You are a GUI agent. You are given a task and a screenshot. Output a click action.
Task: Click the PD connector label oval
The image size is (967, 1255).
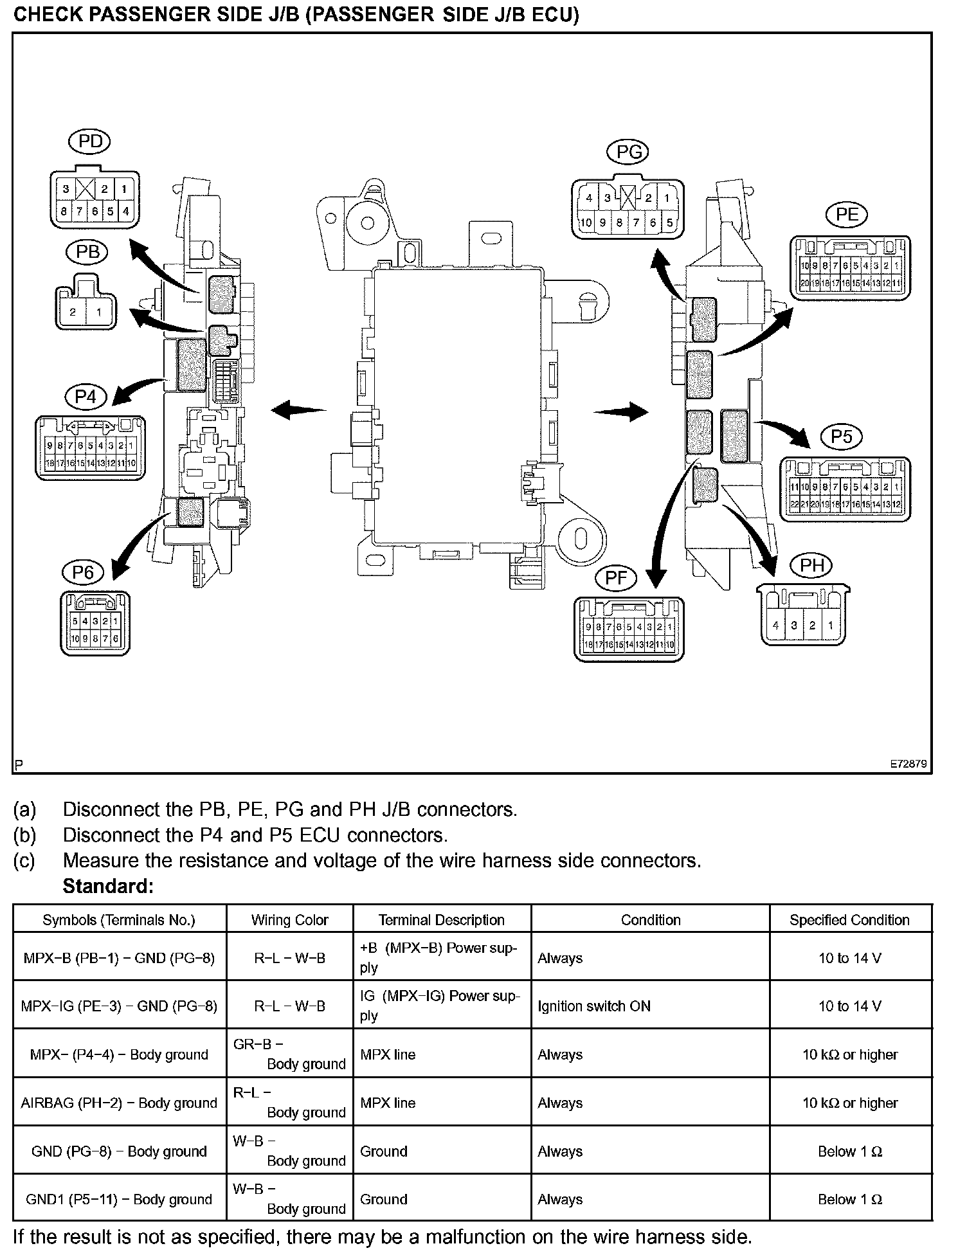[x=90, y=142]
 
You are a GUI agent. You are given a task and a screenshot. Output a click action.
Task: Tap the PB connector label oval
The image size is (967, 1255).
[x=87, y=252]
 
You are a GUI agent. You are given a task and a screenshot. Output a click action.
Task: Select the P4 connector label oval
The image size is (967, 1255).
[x=86, y=397]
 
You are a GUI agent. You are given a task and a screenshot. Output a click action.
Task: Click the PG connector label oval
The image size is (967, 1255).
[x=628, y=152]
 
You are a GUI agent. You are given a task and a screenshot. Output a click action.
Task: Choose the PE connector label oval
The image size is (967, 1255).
[x=847, y=215]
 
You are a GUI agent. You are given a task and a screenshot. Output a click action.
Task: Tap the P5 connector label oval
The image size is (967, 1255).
[x=841, y=437]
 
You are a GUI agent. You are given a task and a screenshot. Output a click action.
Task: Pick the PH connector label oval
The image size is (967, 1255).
[x=811, y=566]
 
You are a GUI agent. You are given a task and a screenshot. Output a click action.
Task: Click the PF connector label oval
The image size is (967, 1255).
[x=616, y=577]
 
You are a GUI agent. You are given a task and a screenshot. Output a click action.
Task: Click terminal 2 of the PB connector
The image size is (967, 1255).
[x=73, y=312]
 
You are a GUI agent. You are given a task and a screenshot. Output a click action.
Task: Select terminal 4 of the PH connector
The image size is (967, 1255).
[x=776, y=625]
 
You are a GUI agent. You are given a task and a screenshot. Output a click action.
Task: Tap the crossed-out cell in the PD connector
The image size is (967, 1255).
[x=86, y=189]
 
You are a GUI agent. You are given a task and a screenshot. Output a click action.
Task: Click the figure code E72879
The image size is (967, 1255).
[x=908, y=764]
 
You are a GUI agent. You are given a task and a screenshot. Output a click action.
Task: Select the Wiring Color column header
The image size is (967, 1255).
[x=289, y=920]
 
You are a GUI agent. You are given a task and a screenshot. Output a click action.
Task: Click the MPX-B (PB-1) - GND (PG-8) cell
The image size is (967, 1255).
[x=119, y=958]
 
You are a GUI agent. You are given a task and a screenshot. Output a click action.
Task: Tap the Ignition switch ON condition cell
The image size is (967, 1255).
[x=594, y=1006]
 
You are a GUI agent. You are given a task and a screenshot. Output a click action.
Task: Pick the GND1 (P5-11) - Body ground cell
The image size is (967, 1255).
[x=119, y=1200]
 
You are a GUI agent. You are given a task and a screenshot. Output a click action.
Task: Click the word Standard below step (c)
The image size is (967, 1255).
[x=108, y=887]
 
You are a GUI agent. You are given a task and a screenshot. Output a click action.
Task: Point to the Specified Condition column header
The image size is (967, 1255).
[x=849, y=920]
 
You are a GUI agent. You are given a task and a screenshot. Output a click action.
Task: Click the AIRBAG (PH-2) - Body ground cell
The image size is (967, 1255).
[x=119, y=1103]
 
